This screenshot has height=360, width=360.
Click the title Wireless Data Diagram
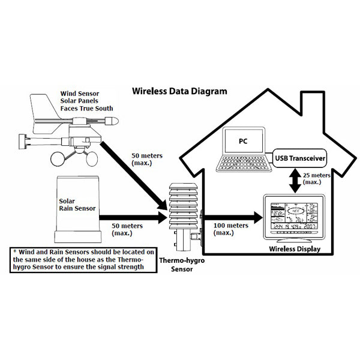pos(179,92)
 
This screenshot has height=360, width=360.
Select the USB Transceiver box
pos(299,158)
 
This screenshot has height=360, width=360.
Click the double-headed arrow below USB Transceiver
pos(294,179)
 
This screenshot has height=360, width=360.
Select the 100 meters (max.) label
pos(231,229)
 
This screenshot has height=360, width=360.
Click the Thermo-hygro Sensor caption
pos(178,266)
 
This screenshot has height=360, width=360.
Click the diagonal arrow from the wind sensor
pos(132,174)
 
